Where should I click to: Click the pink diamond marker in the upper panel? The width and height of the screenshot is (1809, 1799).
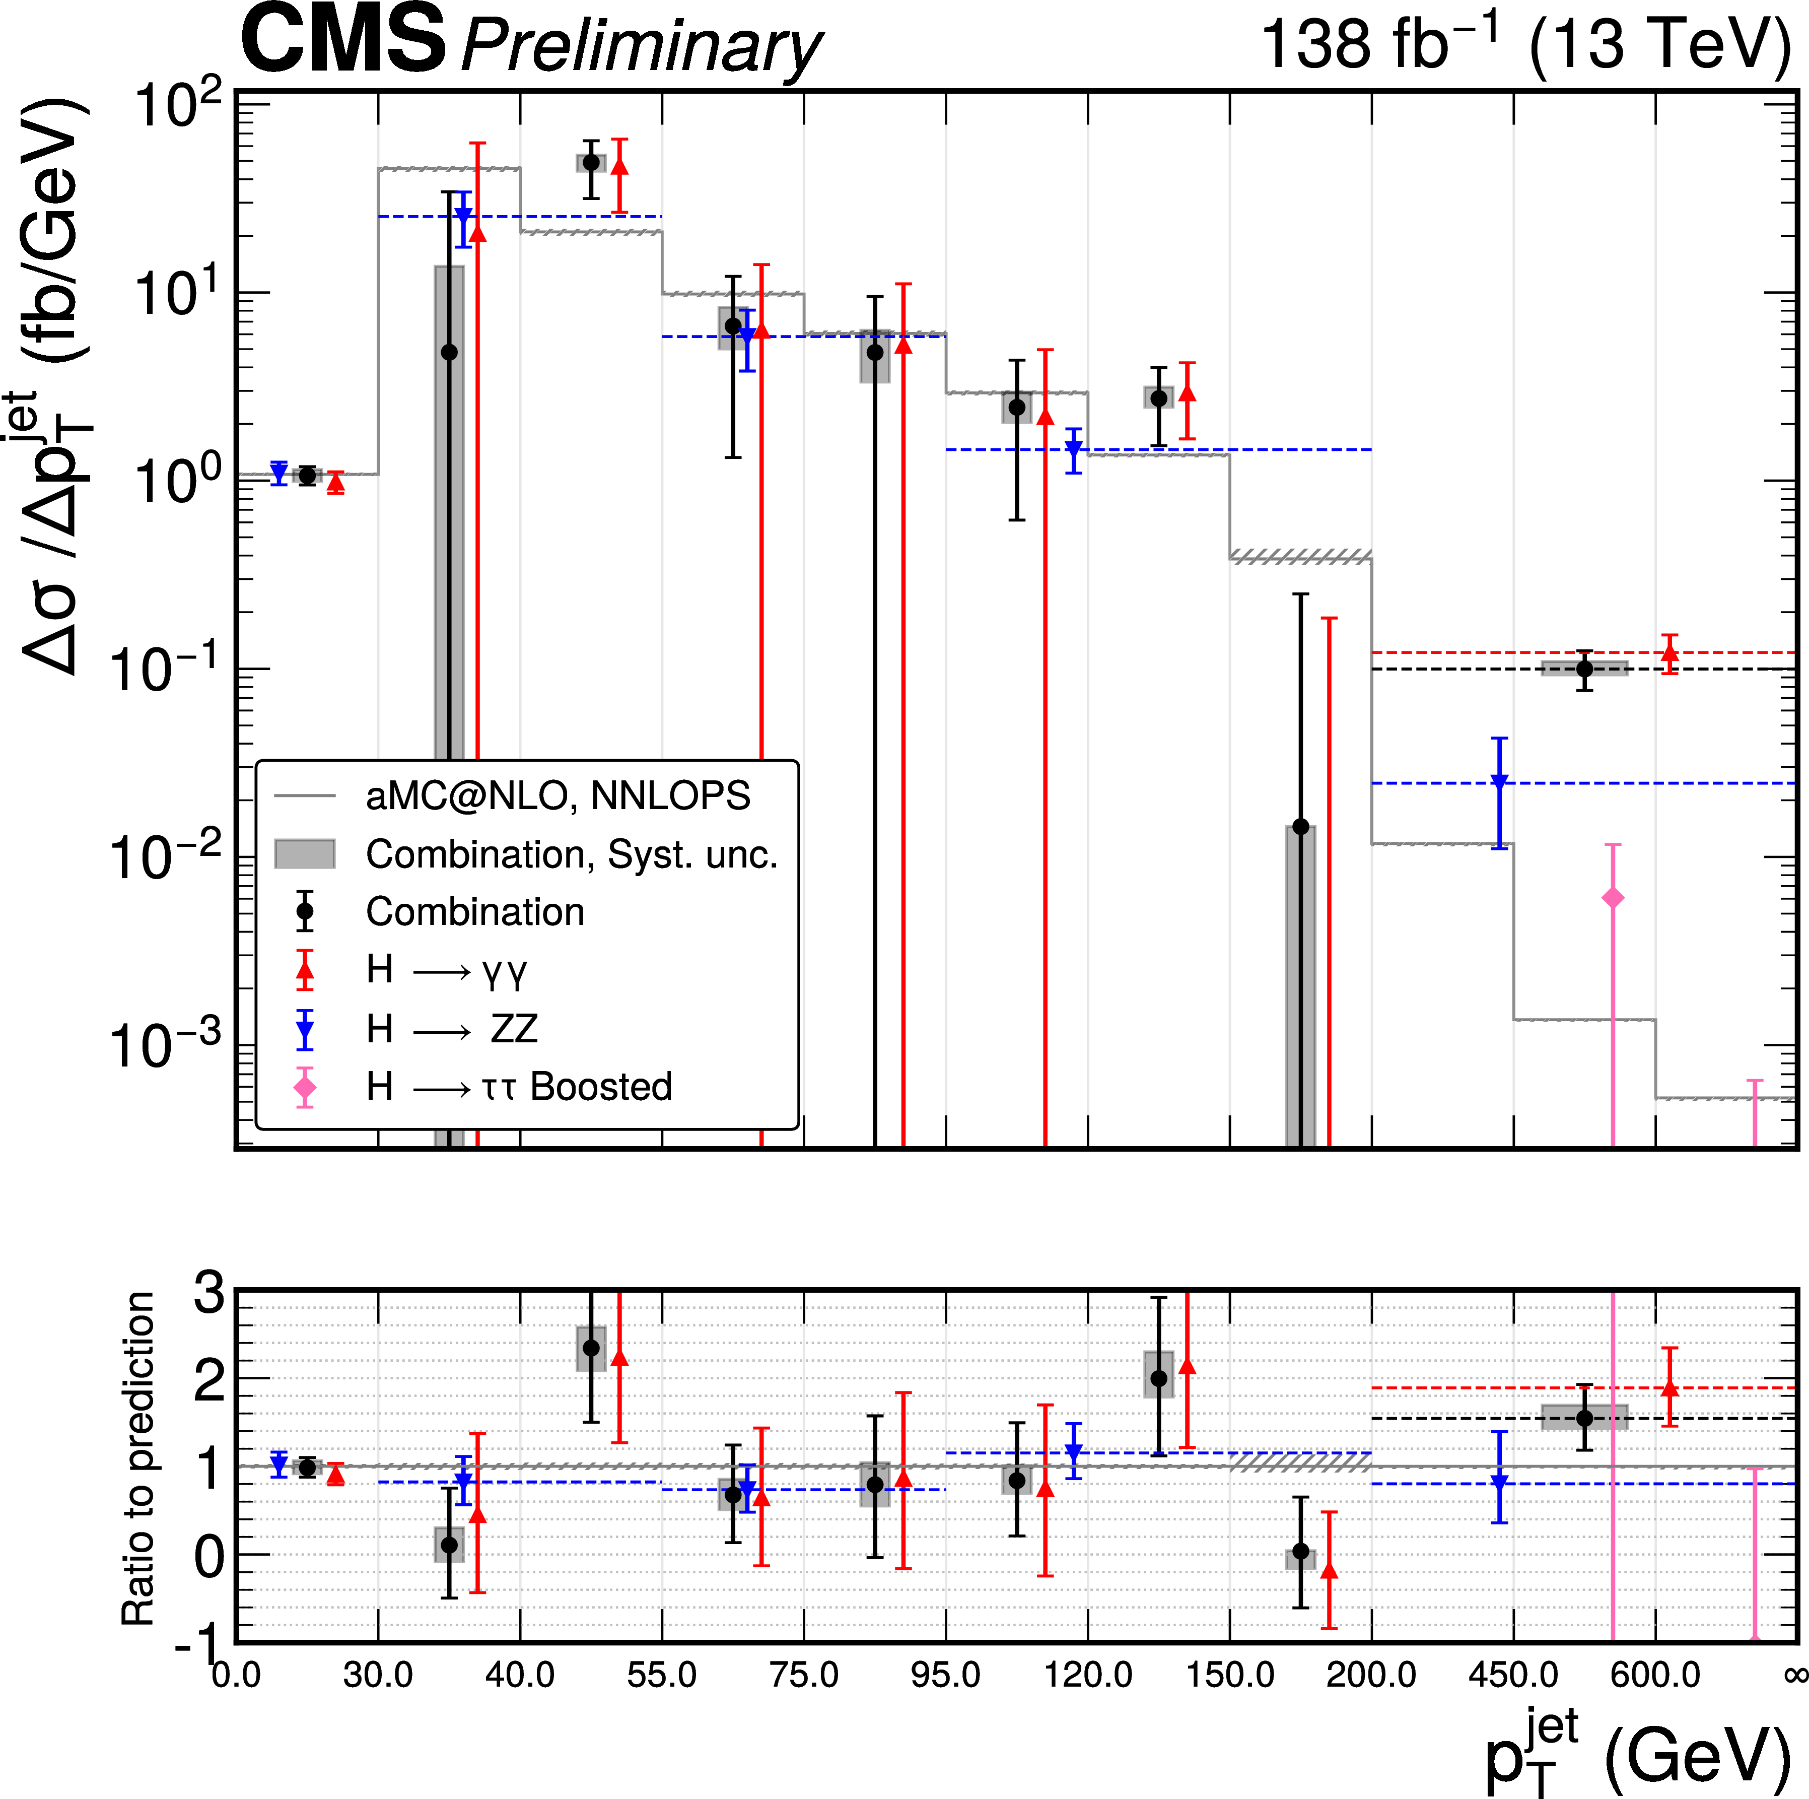point(1613,898)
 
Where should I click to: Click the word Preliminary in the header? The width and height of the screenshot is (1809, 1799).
point(642,47)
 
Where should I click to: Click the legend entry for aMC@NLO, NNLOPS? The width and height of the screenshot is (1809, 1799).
point(557,796)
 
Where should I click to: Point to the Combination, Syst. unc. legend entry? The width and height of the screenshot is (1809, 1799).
point(571,854)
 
